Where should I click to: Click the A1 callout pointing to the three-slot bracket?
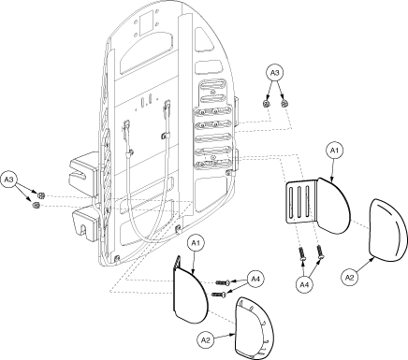click(334, 151)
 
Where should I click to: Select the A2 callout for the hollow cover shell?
click(205, 339)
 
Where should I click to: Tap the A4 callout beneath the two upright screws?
click(304, 284)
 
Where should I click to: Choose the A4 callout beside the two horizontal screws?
click(255, 279)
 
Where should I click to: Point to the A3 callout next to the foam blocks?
click(9, 180)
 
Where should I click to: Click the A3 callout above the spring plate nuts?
click(274, 73)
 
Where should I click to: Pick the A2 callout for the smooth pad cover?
click(349, 277)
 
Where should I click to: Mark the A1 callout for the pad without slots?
click(196, 243)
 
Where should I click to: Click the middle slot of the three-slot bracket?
click(299, 202)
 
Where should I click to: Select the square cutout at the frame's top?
click(147, 22)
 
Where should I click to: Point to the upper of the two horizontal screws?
click(223, 282)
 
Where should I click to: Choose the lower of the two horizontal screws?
click(219, 295)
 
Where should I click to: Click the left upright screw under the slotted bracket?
click(302, 253)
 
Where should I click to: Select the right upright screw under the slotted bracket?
click(320, 252)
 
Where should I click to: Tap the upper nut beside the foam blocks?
click(40, 195)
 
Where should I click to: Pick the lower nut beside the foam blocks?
click(36, 205)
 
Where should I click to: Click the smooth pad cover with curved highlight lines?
click(387, 230)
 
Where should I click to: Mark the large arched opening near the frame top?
click(146, 51)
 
